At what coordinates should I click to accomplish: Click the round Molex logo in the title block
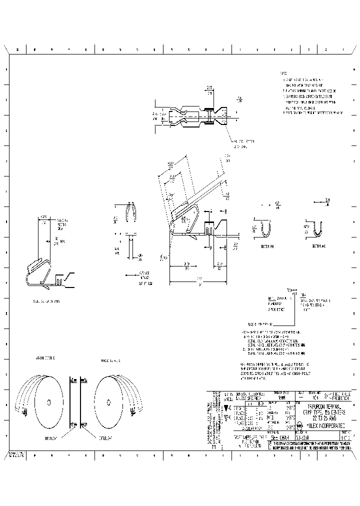[299, 424]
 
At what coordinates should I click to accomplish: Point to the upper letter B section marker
[225, 211]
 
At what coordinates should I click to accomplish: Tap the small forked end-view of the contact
[130, 212]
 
